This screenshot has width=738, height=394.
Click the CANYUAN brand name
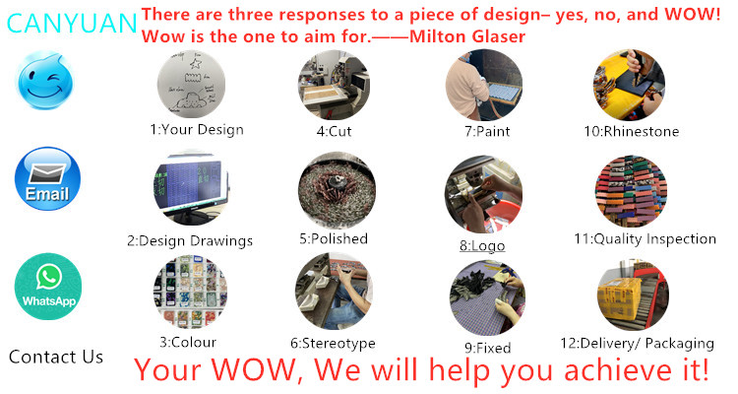tap(72, 23)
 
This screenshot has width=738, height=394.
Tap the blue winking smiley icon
tap(44, 80)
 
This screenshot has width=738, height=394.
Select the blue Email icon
tap(47, 178)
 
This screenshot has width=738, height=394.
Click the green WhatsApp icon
tap(48, 287)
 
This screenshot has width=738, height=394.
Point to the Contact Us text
tap(56, 357)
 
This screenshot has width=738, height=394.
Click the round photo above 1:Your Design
tap(191, 84)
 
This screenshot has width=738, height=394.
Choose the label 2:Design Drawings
tap(190, 240)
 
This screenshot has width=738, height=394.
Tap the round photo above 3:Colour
tap(190, 293)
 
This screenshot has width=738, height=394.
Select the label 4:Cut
tap(334, 131)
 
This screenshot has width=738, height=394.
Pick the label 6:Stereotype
tap(333, 343)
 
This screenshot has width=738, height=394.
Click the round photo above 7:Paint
tap(484, 85)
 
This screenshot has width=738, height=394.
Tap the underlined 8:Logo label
tap(482, 246)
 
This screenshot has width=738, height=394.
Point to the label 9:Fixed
tap(488, 348)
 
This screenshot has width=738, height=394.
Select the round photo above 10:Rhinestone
tap(629, 85)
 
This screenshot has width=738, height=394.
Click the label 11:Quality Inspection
tap(645, 239)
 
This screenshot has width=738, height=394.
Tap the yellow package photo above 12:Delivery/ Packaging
tap(633, 295)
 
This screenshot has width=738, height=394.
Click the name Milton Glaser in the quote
tap(467, 36)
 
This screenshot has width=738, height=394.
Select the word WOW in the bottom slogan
tap(254, 369)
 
